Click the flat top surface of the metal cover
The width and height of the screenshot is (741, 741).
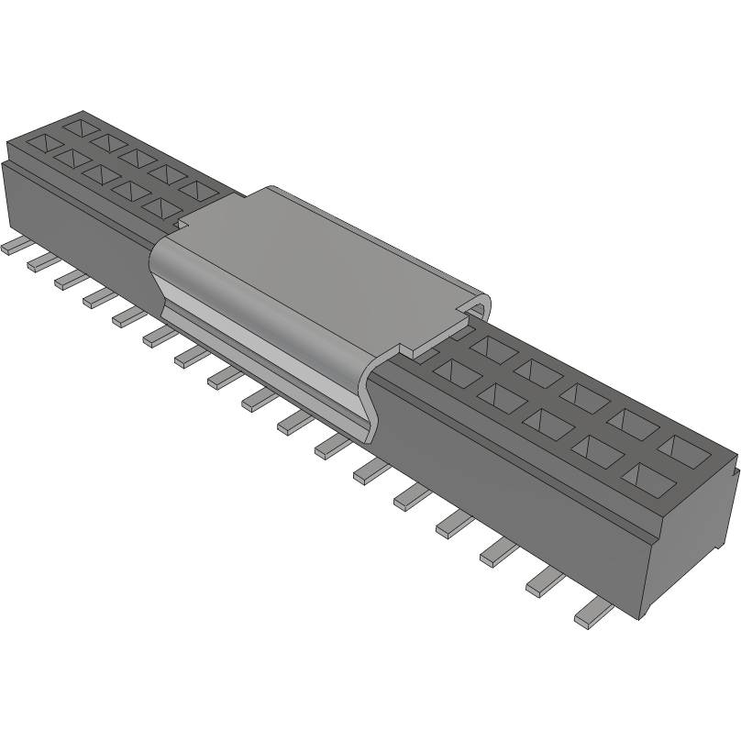point(321,266)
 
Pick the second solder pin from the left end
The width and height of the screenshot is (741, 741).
point(40,262)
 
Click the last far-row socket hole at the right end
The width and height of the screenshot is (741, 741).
point(683,448)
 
